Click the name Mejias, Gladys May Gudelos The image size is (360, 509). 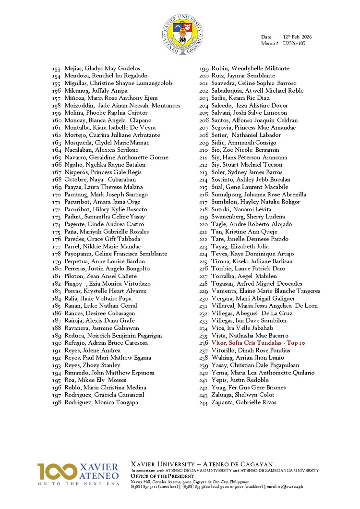[x=102, y=68]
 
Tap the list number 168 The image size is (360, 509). [x=57, y=180]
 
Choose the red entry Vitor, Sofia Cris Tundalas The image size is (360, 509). [x=258, y=343]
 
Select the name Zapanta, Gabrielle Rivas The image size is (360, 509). [x=243, y=402]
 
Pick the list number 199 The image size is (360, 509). [x=204, y=68]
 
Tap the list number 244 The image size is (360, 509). [x=204, y=402]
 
